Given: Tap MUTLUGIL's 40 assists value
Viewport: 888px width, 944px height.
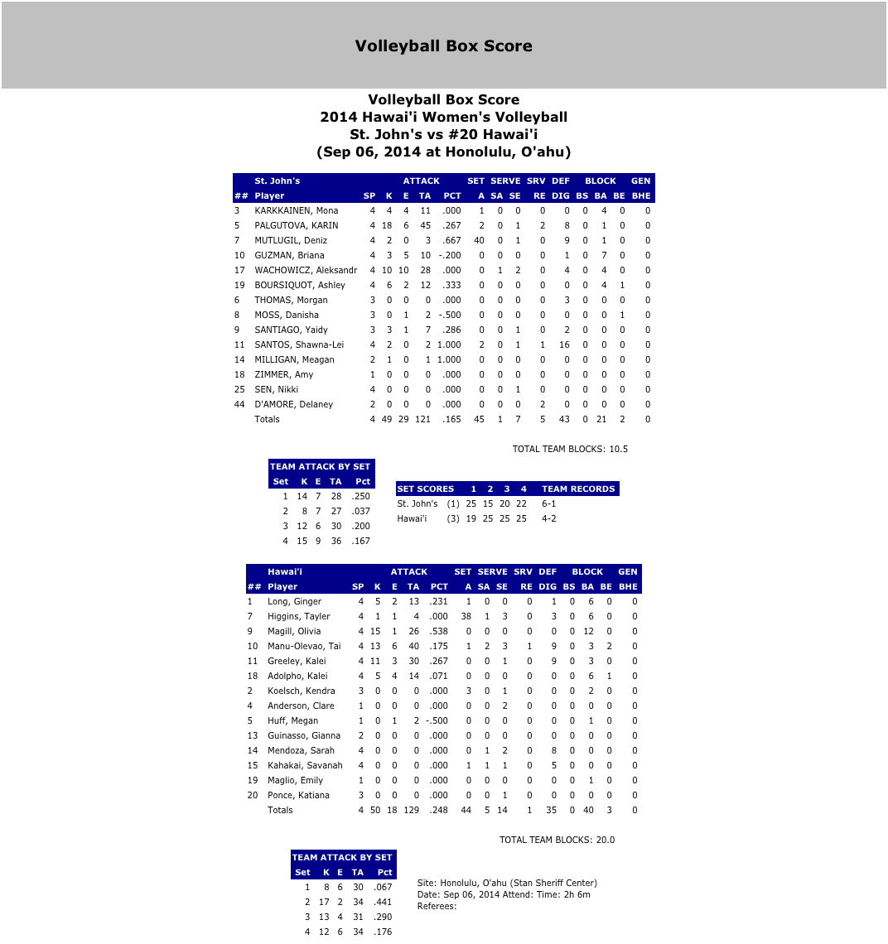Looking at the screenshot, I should click(x=479, y=240).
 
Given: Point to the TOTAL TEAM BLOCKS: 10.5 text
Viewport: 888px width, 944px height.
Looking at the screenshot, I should click(x=570, y=449).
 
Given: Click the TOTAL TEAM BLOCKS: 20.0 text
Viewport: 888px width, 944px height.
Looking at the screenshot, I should click(x=557, y=840).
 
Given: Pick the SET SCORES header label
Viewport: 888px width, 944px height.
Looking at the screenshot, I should click(x=426, y=489).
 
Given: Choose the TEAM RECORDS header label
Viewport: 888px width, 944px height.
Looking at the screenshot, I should click(x=578, y=489).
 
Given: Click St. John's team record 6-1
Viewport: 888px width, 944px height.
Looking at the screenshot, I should click(x=549, y=503).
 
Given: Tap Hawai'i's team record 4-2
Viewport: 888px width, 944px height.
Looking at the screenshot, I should click(x=549, y=518).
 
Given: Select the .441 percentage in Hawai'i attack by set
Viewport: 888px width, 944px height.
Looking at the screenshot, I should click(x=383, y=902).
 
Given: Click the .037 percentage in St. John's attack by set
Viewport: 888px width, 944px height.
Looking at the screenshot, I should click(x=360, y=511).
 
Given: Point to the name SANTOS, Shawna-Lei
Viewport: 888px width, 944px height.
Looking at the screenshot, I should click(x=299, y=344).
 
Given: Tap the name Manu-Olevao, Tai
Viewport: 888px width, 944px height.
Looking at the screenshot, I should click(x=304, y=646).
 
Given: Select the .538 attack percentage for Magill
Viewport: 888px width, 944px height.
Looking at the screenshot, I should click(x=439, y=631).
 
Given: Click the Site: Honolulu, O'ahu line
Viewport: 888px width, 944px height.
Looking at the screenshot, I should click(x=507, y=883).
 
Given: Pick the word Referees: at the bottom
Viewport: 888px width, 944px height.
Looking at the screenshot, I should click(x=437, y=906).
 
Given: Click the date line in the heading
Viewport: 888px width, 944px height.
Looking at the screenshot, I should click(x=444, y=152).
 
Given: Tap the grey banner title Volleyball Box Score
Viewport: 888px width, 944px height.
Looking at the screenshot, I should click(x=444, y=46).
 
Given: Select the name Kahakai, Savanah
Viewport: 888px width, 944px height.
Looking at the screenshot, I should click(x=305, y=765).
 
